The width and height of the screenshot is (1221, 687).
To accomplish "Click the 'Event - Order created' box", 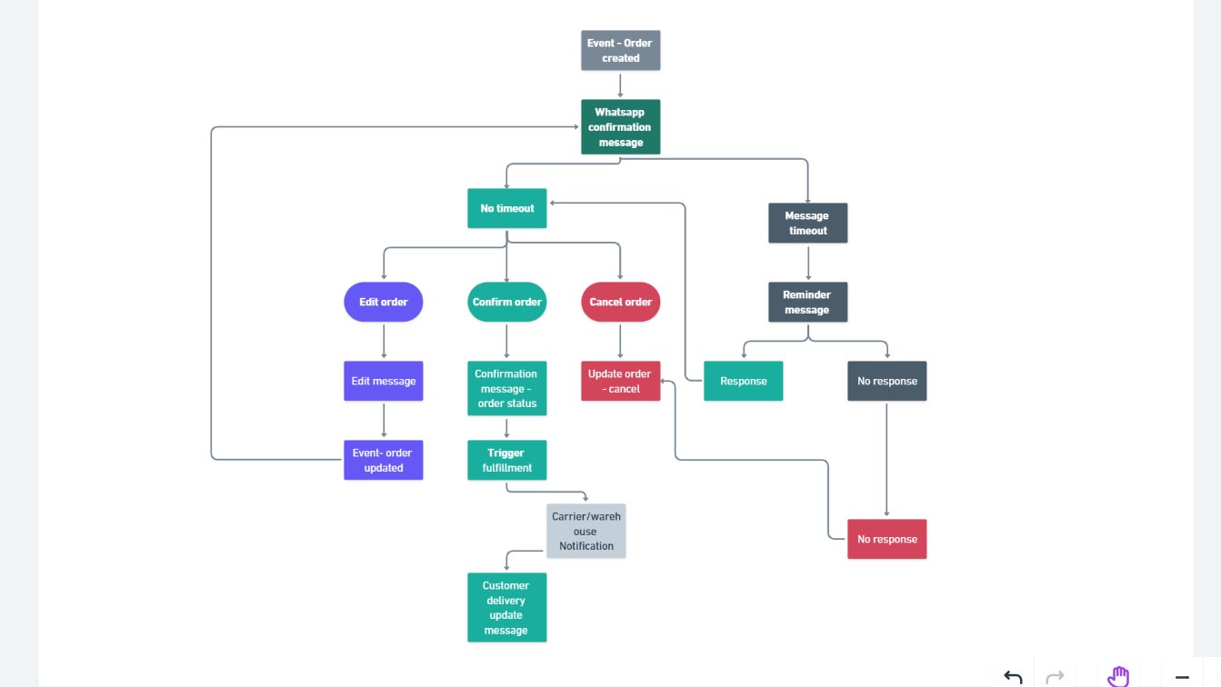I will click(620, 50).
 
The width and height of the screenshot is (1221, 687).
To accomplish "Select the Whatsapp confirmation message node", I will click(620, 127).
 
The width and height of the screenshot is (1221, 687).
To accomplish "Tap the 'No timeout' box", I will click(506, 208).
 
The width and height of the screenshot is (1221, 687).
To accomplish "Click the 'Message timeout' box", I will click(807, 223).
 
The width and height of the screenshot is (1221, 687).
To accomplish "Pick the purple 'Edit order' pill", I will click(383, 302).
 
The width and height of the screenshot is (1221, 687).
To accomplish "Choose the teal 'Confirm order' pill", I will click(506, 302).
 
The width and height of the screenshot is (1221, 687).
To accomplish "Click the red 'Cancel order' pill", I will click(620, 302).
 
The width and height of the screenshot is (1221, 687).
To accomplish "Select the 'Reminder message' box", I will click(807, 302).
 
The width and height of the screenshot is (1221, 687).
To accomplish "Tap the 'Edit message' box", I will click(383, 381).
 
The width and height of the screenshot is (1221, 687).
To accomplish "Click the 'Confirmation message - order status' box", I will click(506, 388).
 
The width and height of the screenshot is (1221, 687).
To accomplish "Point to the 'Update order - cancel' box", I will click(620, 381).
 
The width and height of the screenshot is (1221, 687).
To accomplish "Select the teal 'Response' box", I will click(743, 381).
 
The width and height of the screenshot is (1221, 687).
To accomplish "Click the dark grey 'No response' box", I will click(886, 381).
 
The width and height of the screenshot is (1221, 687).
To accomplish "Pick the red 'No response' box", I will click(886, 539).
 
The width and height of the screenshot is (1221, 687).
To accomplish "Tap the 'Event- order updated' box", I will click(383, 460).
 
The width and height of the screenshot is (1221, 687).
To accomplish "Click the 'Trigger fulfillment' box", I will click(506, 460).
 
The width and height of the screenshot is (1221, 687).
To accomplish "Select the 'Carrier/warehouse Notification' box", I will click(585, 531).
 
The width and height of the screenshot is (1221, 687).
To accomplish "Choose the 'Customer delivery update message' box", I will click(506, 607).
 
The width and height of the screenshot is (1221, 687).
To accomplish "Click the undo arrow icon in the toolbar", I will click(1013, 676).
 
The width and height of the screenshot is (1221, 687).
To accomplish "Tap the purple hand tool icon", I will click(1117, 676).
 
